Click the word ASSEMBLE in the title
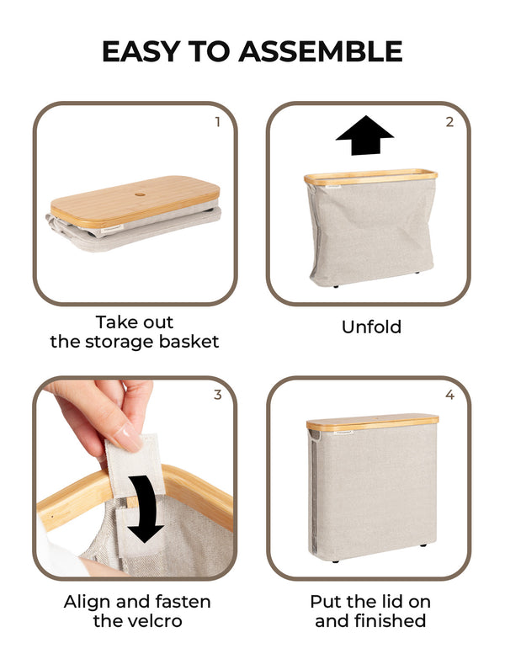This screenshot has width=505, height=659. click(321, 51)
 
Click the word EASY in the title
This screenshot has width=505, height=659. click(138, 51)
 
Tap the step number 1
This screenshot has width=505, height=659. click(217, 122)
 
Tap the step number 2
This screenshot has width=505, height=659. click(449, 122)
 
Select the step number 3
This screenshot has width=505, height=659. click(217, 395)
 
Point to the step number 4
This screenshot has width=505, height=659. click(449, 395)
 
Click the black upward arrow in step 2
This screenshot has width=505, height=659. click(364, 136)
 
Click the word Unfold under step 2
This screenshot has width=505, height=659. click(371, 327)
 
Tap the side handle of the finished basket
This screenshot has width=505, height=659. click(314, 438)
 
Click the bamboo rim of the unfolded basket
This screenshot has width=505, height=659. click(371, 178)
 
